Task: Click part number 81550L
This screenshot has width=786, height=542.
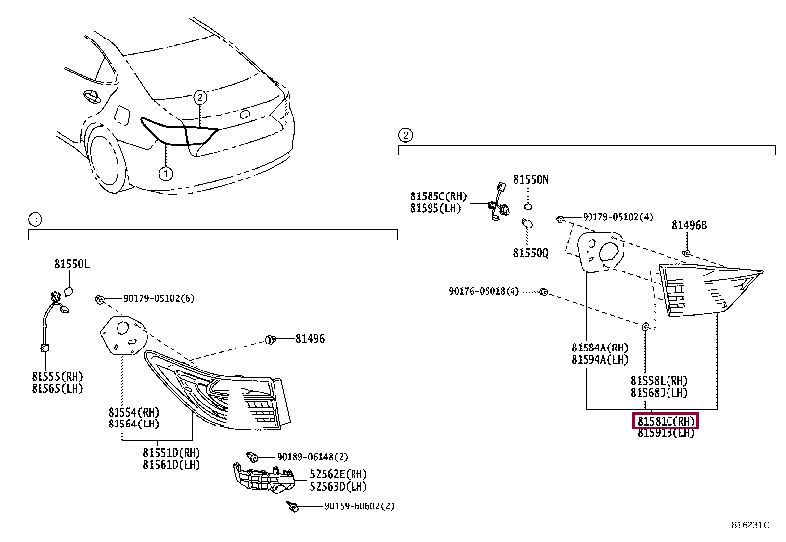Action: (71, 265)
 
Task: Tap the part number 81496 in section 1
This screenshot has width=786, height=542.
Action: (309, 339)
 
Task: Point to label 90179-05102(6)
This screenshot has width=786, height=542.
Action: (158, 298)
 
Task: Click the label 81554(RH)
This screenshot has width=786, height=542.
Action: (133, 411)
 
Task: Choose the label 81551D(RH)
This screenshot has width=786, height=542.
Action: (170, 453)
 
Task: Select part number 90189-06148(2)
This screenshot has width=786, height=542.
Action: (311, 457)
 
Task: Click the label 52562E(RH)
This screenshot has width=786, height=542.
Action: (339, 473)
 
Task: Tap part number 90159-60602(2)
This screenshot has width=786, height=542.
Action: (358, 506)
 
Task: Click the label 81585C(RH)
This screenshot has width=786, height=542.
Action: (439, 195)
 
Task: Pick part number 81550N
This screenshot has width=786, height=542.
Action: (530, 180)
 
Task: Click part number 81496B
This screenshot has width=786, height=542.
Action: (690, 225)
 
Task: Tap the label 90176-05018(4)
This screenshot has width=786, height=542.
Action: (484, 291)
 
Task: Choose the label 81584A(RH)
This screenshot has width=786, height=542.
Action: (599, 348)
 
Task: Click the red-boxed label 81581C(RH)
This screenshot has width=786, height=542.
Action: (666, 421)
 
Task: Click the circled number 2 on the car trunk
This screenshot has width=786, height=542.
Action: (199, 97)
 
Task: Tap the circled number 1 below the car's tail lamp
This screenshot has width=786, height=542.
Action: (166, 174)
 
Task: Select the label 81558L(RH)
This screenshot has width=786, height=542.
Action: (660, 380)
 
